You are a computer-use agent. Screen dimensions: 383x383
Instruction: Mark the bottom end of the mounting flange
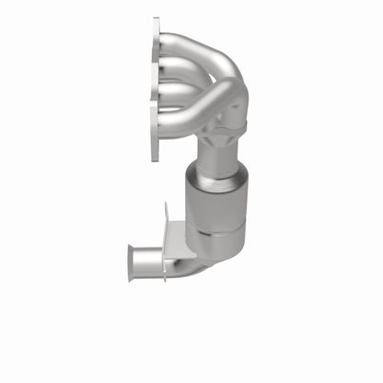pyautogui.click(x=156, y=159)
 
